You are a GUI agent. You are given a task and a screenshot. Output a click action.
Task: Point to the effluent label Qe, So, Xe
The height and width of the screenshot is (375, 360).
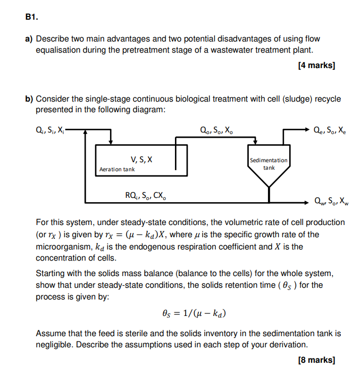[330, 129]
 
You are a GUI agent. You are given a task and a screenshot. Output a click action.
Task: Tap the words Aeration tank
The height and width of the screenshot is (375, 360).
[117, 170]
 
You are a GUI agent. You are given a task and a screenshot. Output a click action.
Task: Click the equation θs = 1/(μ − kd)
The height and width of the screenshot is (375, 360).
[194, 313]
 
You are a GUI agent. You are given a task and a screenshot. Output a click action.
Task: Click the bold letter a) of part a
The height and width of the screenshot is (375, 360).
[29, 39]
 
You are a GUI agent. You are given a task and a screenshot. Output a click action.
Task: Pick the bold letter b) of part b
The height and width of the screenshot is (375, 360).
[29, 99]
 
